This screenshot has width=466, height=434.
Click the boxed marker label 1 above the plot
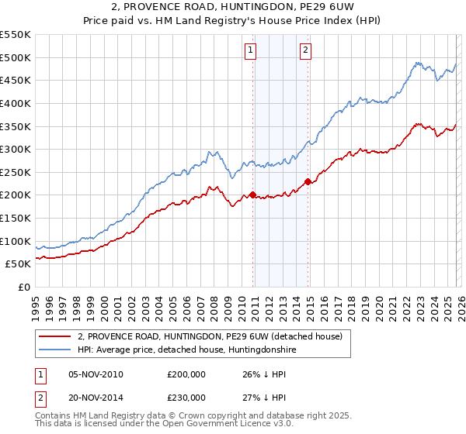pyautogui.click(x=251, y=51)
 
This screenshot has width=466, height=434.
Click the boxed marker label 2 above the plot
pyautogui.click(x=306, y=51)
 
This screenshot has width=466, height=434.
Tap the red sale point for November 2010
pyautogui.click(x=253, y=195)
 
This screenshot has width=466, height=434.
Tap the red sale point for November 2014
pyautogui.click(x=308, y=181)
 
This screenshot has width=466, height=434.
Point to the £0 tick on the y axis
pyautogui.click(x=24, y=287)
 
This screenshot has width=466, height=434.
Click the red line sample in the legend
pyautogui.click(x=54, y=336)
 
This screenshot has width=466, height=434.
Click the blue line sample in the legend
pyautogui.click(x=54, y=350)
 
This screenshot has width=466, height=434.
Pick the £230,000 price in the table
pyautogui.click(x=186, y=398)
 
